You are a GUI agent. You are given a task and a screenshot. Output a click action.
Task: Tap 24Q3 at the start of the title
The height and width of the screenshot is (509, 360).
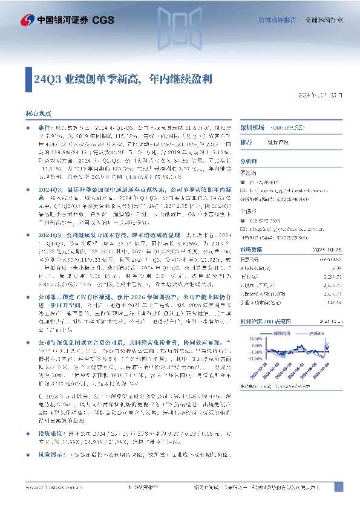[46, 79]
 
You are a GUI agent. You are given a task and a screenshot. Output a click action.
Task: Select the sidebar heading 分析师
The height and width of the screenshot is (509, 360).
[248, 162]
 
